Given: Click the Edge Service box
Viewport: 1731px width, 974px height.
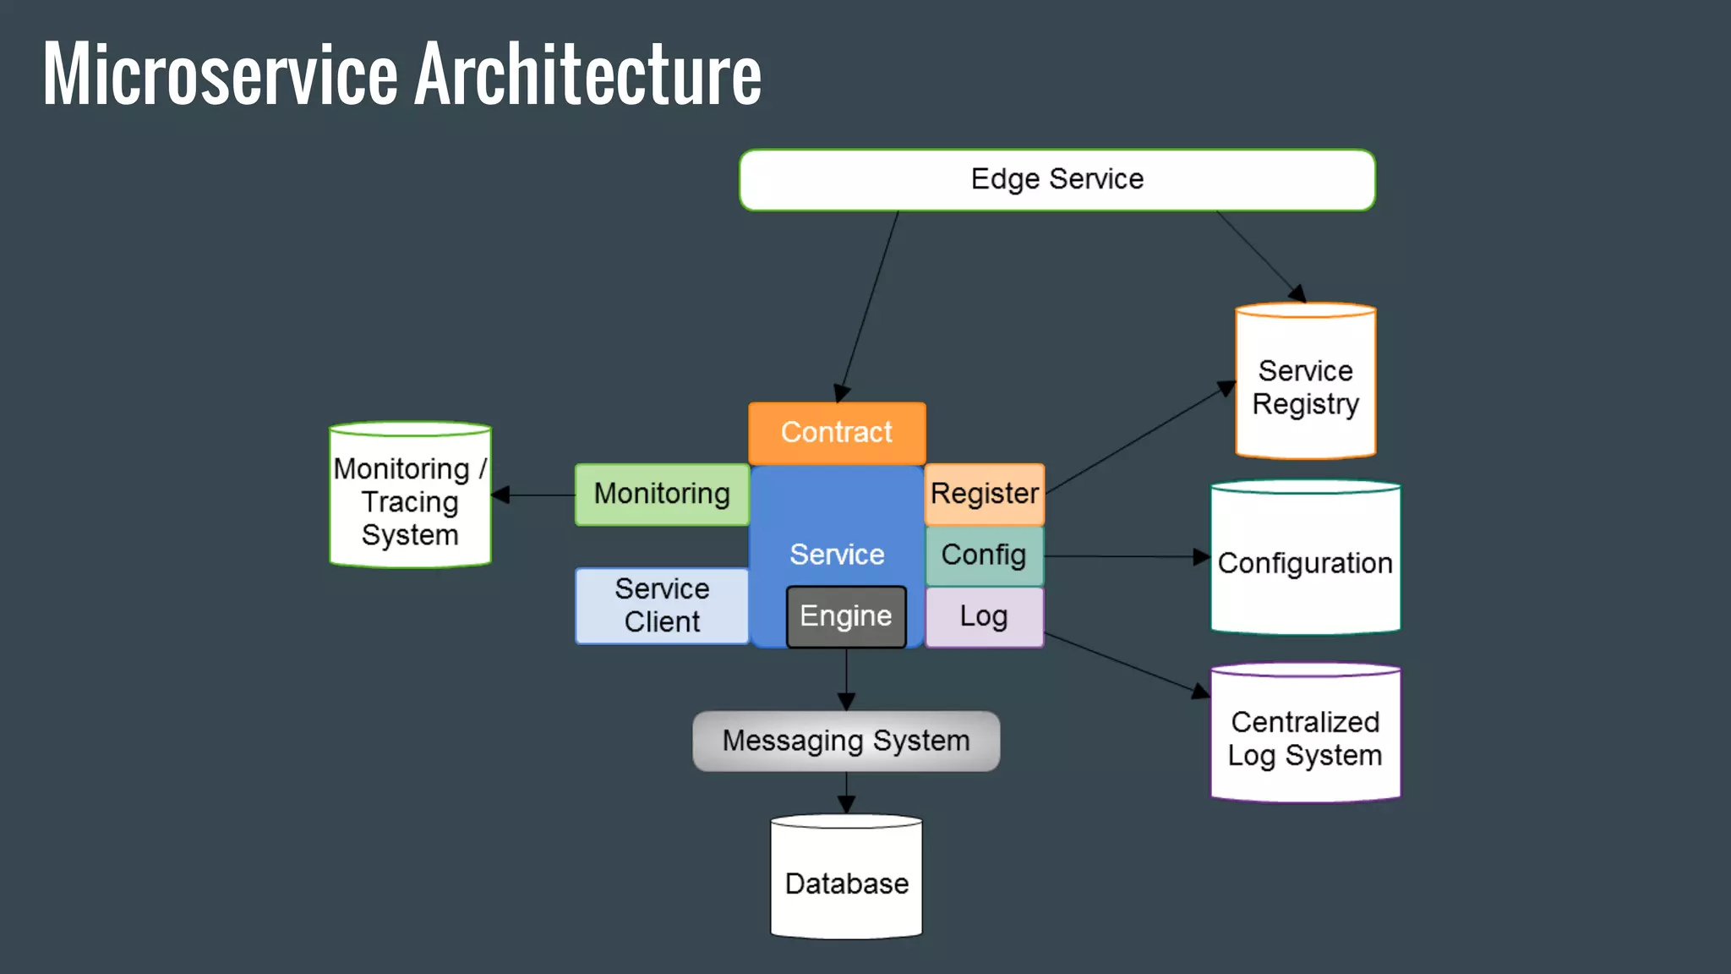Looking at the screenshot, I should coord(1057,179).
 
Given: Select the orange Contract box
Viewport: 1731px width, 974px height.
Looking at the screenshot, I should coord(837,432).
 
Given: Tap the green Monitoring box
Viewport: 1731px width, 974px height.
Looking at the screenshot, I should coord(662,494).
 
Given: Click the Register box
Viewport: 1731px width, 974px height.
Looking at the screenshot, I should coord(985,494).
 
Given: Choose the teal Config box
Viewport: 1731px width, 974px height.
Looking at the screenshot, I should coord(984,555).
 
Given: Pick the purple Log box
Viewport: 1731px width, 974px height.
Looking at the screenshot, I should coord(984,617).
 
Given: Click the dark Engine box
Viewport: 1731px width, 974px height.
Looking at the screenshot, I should coord(846,616).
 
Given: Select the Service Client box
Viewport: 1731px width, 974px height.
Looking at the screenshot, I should coord(662,605).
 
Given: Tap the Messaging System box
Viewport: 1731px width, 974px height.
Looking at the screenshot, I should coord(846,741).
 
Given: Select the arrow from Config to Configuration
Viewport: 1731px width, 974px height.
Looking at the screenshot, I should coord(1124,556).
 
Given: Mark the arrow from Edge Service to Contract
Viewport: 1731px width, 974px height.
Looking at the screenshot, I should coord(871,304).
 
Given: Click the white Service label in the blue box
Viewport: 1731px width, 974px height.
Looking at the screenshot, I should coord(837,555).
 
